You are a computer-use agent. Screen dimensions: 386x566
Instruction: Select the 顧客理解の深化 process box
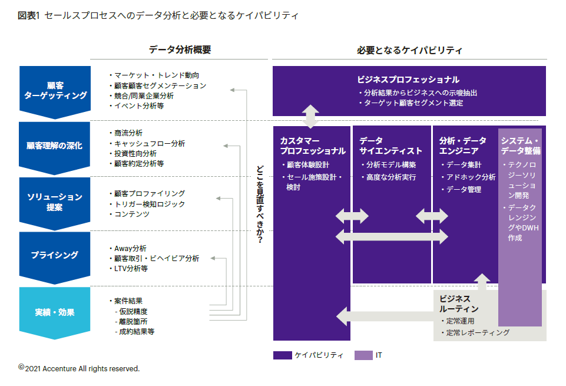(x=55, y=146)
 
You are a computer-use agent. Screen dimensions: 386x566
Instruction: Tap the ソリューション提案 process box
(x=55, y=202)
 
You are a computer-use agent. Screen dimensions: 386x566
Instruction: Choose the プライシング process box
(x=55, y=255)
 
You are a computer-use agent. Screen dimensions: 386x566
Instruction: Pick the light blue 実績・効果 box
(x=55, y=312)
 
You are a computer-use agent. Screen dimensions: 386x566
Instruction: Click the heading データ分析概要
(x=180, y=50)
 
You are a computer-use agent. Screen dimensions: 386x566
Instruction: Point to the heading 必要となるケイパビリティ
(x=409, y=50)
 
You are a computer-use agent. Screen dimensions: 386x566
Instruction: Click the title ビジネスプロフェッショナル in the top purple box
(x=408, y=80)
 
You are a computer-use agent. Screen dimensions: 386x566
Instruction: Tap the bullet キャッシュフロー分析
(x=150, y=143)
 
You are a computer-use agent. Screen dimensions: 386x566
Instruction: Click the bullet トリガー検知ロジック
(x=150, y=204)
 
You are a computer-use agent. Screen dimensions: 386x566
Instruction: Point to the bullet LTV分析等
(x=131, y=268)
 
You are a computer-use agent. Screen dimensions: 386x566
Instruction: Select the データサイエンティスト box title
(x=390, y=146)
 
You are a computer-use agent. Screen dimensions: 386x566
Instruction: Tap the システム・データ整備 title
(x=520, y=146)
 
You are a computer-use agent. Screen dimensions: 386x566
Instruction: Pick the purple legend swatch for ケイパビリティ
(x=282, y=355)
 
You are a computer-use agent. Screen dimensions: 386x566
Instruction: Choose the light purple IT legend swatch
(x=363, y=355)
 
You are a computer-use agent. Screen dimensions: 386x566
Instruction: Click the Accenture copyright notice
(x=79, y=368)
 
